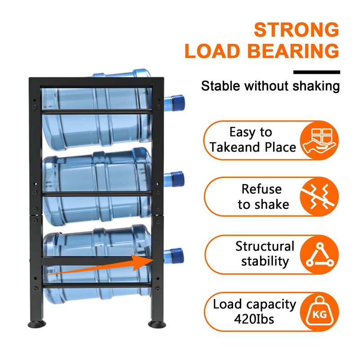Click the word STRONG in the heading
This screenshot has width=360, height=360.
[x=296, y=30]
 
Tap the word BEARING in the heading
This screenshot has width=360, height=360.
[x=294, y=51]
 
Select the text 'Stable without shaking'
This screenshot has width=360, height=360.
[x=270, y=86]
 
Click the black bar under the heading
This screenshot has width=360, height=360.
[x=316, y=72]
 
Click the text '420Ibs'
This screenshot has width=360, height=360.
[x=254, y=319]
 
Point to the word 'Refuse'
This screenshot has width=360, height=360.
[x=261, y=189]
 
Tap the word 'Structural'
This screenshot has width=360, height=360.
[x=265, y=246]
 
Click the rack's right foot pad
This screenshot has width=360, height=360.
[x=157, y=324]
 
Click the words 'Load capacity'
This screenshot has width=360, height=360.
[x=254, y=305]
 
